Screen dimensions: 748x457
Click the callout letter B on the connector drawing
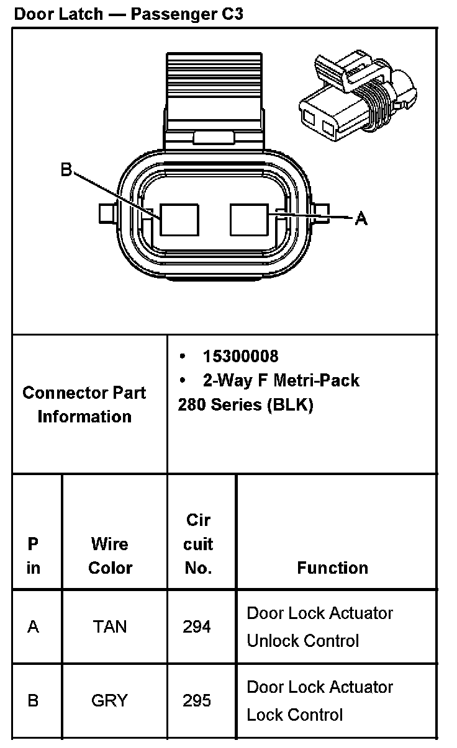66,170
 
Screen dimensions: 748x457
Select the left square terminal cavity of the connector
179,220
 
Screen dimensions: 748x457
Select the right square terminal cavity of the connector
249,220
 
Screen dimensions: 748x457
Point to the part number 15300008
240,356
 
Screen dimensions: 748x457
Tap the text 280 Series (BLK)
245,404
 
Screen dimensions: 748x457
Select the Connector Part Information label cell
84,404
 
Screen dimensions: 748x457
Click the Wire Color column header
111,556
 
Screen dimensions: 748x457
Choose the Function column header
332,568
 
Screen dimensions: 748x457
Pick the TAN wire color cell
110,626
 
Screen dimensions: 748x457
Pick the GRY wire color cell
110,701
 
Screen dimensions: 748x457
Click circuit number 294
197,626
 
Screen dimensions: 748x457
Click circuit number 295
197,701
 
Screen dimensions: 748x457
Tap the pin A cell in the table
34,626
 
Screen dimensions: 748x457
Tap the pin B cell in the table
34,701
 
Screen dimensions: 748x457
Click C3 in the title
230,14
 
